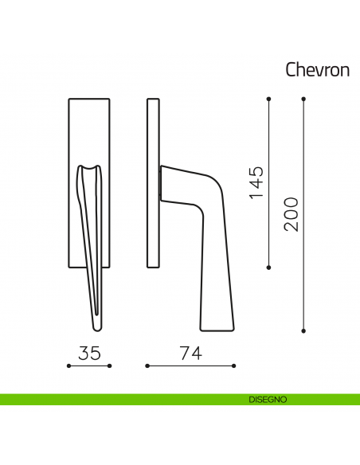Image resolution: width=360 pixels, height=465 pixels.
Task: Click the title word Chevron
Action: click(x=317, y=70)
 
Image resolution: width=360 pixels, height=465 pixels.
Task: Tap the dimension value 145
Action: click(x=256, y=183)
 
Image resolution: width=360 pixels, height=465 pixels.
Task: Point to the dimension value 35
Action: click(x=89, y=353)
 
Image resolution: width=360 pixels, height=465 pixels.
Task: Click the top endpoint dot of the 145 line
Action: click(x=269, y=99)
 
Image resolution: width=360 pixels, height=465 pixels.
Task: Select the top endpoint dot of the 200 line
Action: click(x=304, y=99)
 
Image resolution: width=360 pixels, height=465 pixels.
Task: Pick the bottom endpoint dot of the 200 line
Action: click(x=304, y=330)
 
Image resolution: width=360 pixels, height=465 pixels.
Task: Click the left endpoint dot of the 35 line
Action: click(x=68, y=366)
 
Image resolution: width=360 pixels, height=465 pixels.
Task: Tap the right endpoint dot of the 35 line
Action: click(x=110, y=366)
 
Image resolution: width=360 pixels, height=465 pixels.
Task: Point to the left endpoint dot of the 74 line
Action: click(x=147, y=366)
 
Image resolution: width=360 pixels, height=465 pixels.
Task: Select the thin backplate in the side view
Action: click(x=155, y=183)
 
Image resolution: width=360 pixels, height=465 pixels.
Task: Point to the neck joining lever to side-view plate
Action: click(x=163, y=183)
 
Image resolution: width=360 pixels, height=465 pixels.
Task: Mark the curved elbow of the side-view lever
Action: click(x=212, y=188)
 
